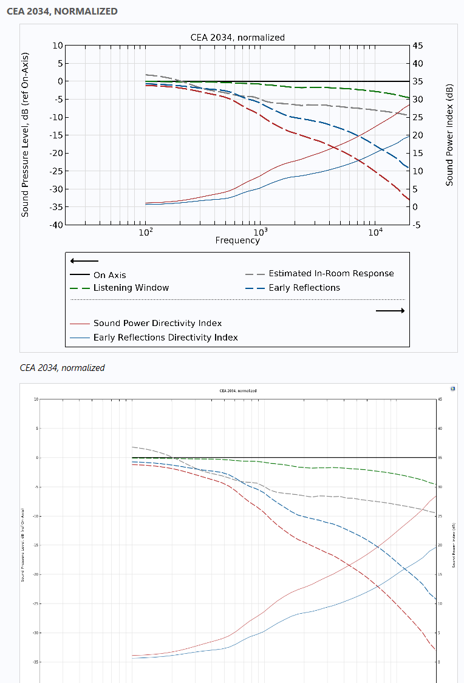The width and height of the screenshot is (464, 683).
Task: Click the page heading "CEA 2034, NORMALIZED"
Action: (x=63, y=11)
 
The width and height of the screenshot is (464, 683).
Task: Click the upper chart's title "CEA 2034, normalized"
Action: (x=237, y=38)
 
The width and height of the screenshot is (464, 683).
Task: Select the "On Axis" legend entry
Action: (x=109, y=275)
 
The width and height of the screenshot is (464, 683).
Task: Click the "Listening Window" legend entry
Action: (x=131, y=288)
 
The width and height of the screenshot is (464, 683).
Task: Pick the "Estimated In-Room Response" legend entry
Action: (x=331, y=274)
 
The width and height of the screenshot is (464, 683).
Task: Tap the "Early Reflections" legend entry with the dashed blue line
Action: (x=304, y=288)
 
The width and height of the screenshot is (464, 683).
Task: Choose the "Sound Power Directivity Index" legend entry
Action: (x=157, y=324)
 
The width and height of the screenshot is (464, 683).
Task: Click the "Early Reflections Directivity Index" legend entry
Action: (x=165, y=338)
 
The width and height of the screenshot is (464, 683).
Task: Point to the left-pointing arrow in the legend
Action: (x=84, y=261)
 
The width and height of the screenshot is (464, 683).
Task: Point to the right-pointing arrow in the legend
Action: (x=390, y=311)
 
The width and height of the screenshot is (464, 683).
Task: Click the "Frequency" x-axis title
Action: (x=237, y=240)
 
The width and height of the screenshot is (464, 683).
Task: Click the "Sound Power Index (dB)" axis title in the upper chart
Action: (x=449, y=135)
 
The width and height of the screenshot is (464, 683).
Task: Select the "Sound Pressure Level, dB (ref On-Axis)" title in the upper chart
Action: (x=26, y=135)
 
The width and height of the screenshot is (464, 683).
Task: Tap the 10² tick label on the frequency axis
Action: (x=145, y=232)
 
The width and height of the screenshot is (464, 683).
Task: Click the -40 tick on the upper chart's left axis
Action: (x=55, y=225)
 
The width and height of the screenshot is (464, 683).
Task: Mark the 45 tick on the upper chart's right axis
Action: (x=418, y=46)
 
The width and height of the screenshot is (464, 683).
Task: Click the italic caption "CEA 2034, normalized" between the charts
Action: (x=62, y=368)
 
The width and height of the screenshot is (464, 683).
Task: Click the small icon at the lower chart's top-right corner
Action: (x=452, y=389)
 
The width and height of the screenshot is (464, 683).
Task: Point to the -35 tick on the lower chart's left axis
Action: (x=35, y=662)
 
